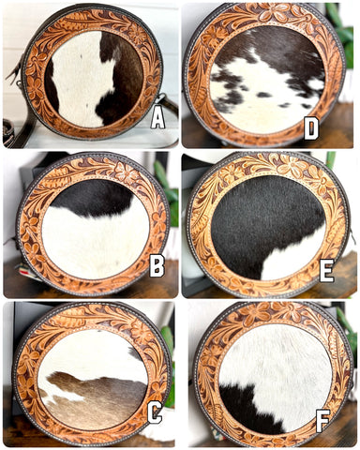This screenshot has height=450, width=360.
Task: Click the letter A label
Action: [x=157, y=119]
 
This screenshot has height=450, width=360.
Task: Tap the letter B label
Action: [x=157, y=266]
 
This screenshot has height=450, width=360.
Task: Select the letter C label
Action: [x=155, y=412]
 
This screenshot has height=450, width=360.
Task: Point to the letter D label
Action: [x=311, y=127]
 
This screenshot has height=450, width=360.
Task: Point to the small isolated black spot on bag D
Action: [x=264, y=95]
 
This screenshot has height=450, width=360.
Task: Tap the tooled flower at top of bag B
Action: [x=126, y=172]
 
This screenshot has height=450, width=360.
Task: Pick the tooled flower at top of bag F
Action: [x=255, y=315]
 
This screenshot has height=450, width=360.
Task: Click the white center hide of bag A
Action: [x=82, y=82]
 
